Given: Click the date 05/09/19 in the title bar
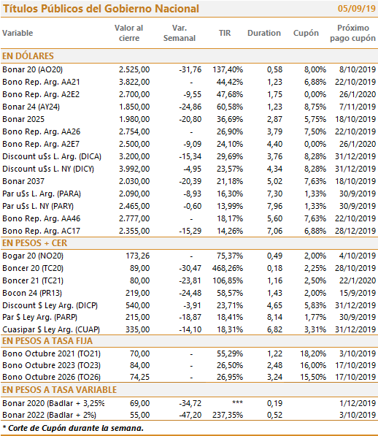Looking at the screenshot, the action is pyautogui.click(x=357, y=9).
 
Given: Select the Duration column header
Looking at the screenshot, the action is pyautogui.click(x=264, y=33).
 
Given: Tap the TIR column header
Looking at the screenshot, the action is pyautogui.click(x=225, y=33).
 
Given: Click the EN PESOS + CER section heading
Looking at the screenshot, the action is pyautogui.click(x=35, y=243).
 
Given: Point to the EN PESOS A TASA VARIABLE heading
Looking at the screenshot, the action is pyautogui.click(x=59, y=390).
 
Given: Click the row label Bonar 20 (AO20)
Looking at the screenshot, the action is pyautogui.click(x=33, y=69).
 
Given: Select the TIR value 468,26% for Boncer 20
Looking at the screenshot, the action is pyautogui.click(x=228, y=268).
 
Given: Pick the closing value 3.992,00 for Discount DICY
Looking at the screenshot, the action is pyautogui.click(x=134, y=169).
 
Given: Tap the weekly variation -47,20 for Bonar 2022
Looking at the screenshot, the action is pyautogui.click(x=190, y=415).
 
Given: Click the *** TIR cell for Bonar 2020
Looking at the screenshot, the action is pyautogui.click(x=237, y=402).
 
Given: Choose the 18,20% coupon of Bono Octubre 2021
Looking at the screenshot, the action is pyautogui.click(x=313, y=353).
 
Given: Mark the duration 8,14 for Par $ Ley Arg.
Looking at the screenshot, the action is pyautogui.click(x=274, y=317).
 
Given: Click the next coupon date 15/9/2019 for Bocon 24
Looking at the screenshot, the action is pyautogui.click(x=358, y=293).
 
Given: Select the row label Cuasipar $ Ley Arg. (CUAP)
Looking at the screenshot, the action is pyautogui.click(x=51, y=329).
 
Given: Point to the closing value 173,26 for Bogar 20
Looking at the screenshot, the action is pyautogui.click(x=138, y=256).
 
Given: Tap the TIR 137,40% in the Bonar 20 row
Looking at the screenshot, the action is pyautogui.click(x=228, y=69).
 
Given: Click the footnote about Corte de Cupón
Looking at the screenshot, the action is pyautogui.click(x=73, y=428).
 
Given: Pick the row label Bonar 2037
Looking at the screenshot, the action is pyautogui.click(x=23, y=181).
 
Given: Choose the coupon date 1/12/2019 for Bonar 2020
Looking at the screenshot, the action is pyautogui.click(x=358, y=403).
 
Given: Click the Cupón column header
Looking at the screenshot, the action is pyautogui.click(x=306, y=33).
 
